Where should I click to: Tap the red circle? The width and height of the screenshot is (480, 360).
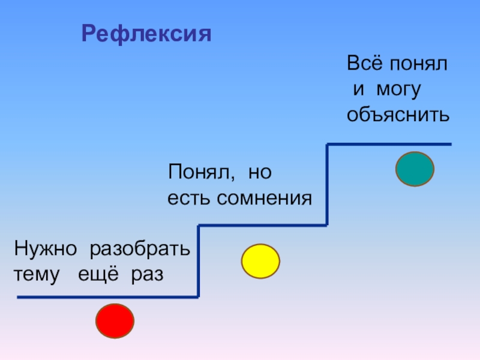point(115,322)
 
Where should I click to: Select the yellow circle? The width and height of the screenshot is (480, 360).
point(260,261)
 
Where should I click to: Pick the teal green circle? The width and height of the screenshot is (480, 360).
point(415,169)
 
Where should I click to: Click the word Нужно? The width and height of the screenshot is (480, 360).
point(47,248)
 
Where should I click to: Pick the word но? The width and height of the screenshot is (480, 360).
point(260,173)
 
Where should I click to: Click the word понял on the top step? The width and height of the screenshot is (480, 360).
point(419,64)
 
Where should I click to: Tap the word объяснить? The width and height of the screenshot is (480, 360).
point(398,115)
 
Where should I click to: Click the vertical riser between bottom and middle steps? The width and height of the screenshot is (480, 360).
point(199,261)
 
